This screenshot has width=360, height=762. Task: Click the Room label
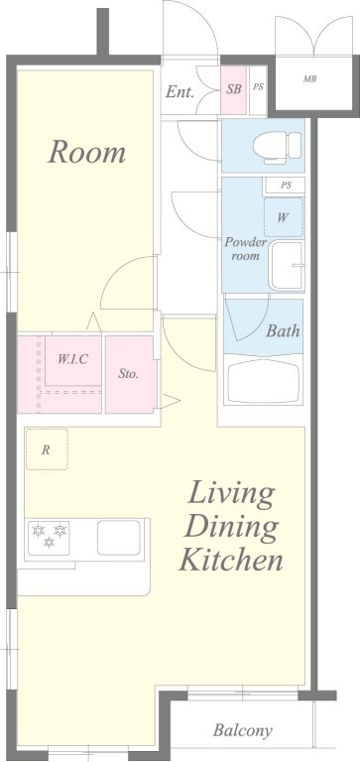click(86, 152)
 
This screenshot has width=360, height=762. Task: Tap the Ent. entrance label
click(180, 91)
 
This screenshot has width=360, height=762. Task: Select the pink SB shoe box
click(234, 90)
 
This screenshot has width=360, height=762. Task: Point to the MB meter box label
click(309, 78)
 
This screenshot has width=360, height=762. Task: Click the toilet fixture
click(277, 145)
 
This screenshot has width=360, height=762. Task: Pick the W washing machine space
click(284, 217)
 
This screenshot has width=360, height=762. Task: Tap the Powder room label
click(245, 249)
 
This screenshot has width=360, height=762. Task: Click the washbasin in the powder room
click(288, 265)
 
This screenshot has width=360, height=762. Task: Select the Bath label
click(283, 331)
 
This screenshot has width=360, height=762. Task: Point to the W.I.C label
click(72, 359)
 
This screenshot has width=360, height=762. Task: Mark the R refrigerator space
click(47, 449)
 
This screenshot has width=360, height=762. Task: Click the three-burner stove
click(49, 538)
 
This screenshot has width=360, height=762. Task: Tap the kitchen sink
click(119, 538)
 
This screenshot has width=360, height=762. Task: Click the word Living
click(231, 495)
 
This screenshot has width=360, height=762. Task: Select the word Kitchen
click(231, 561)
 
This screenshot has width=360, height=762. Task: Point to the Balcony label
click(242, 731)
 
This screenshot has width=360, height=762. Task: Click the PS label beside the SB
click(259, 87)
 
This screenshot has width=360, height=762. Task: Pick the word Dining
click(232, 527)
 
